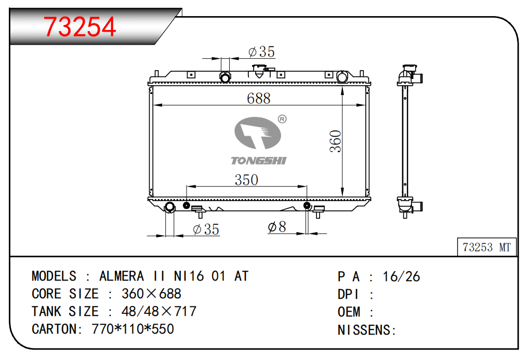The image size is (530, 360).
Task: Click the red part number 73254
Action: (80, 26)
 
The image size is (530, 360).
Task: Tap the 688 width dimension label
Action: (259, 98)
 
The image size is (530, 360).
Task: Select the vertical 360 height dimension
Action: (336, 141)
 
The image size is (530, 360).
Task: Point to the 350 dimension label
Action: (246, 180)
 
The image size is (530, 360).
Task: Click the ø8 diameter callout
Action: (277, 226)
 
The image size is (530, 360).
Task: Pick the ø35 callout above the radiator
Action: (261, 52)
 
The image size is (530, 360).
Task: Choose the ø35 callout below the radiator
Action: (206, 229)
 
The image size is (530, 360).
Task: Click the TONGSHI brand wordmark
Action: (259, 161)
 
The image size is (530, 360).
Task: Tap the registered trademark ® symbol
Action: (282, 119)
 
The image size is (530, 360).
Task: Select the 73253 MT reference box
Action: (487, 247)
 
